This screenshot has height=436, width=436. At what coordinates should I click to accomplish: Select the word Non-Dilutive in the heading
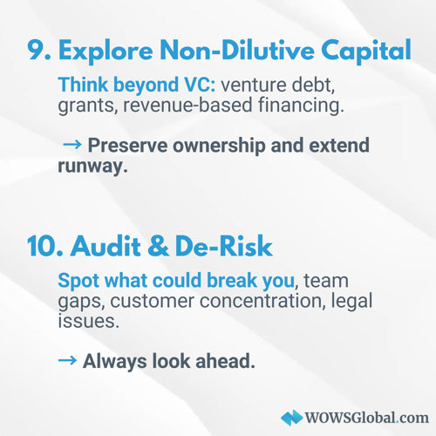[237, 50]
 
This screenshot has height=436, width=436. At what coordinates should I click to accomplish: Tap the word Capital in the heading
[366, 52]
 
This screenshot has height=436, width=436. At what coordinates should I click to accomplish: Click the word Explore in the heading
[106, 52]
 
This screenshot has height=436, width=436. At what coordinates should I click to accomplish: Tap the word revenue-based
[187, 105]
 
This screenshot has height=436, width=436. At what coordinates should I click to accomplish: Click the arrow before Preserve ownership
[72, 144]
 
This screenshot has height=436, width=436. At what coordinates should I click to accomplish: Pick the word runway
[92, 167]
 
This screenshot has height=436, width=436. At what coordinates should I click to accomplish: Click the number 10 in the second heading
[45, 247]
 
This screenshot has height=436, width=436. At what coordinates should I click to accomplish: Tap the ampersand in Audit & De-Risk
[158, 247]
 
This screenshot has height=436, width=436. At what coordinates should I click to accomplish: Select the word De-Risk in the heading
[224, 246]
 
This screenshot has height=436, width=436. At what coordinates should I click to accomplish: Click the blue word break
[232, 281]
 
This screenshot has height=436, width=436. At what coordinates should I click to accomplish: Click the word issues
[89, 322]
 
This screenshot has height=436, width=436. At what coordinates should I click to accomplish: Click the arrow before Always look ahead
[67, 360]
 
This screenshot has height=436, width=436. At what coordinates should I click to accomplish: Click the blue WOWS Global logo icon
[292, 418]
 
